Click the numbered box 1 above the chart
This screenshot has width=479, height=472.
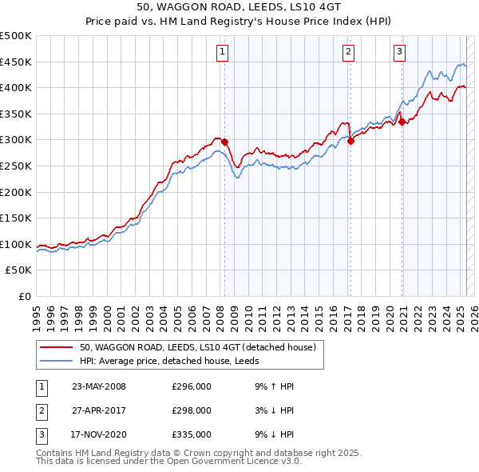pos(221,53)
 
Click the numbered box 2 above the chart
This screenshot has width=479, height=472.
pos(349,53)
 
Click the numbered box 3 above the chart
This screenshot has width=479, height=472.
pos(398,53)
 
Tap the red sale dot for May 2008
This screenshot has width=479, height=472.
pos(225,142)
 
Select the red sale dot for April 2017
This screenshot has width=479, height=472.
pos(350,141)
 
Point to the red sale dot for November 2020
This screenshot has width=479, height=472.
pos(402,122)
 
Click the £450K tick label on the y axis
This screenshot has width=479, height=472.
pos(16,62)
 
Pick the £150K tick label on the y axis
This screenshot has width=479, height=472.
pos(16,218)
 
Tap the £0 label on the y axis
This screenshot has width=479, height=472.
pos(24,296)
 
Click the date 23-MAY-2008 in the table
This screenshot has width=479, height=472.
pos(99,386)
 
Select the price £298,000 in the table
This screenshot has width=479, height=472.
pos(192,410)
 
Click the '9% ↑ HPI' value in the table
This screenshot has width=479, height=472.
pos(274,386)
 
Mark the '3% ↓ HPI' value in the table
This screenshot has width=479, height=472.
pos(274,410)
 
